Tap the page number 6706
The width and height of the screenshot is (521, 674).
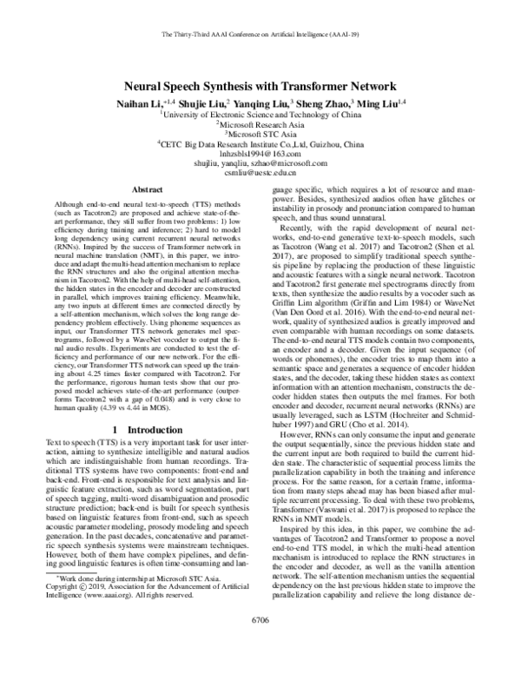[x=260, y=645]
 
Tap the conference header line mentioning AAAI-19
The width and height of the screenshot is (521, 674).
[x=260, y=36]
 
